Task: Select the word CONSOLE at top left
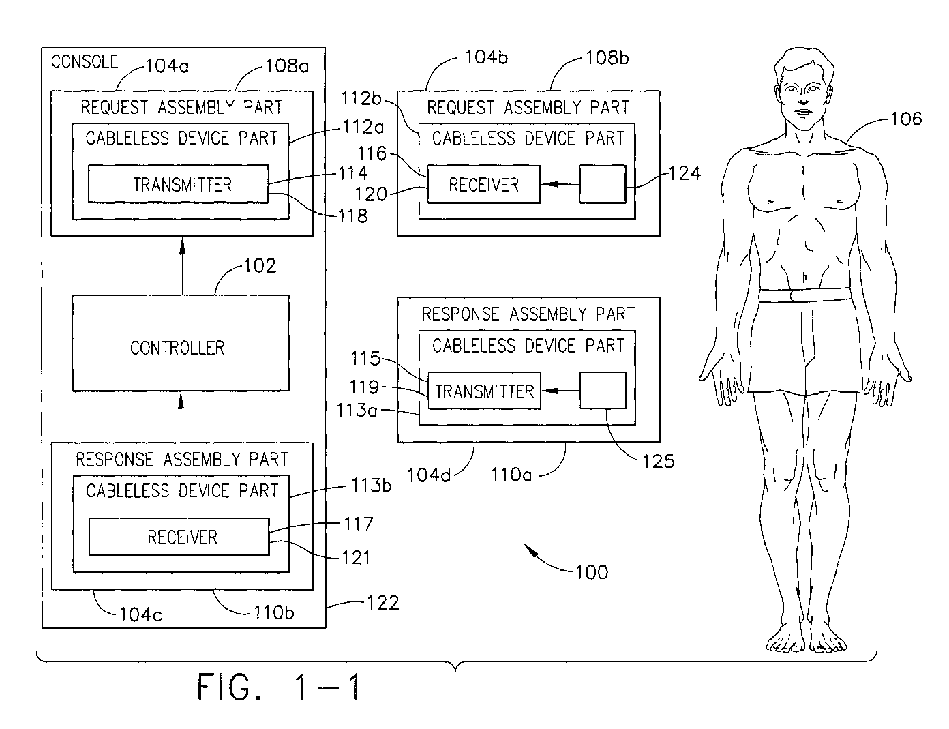pyautogui.click(x=85, y=61)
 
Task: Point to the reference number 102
pyautogui.click(x=260, y=265)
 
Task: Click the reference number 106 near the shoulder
pyautogui.click(x=906, y=119)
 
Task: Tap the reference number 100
pyautogui.click(x=592, y=572)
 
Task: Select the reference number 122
pyautogui.click(x=383, y=604)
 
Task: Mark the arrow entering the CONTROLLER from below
pyautogui.click(x=181, y=417)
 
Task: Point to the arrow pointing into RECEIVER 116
pyautogui.click(x=560, y=184)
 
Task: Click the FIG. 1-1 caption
pyautogui.click(x=279, y=687)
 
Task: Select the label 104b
pyautogui.click(x=486, y=57)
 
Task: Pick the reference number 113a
pyautogui.click(x=357, y=411)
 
